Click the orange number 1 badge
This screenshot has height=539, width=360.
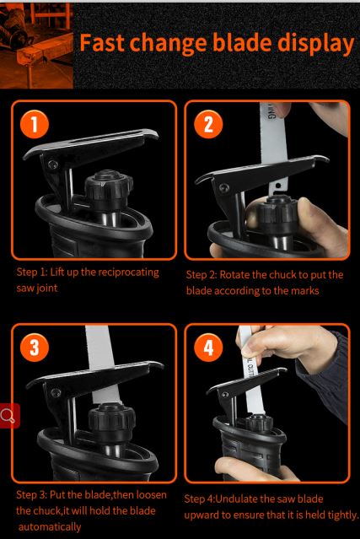[x=34, y=125]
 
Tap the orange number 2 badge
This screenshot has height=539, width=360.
[x=208, y=125]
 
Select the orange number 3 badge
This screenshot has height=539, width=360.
[x=34, y=348]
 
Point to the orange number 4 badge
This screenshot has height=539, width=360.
[x=208, y=348]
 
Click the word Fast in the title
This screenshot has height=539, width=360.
[x=102, y=42]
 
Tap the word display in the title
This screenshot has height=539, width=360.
[x=315, y=44]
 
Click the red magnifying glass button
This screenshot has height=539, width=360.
[x=8, y=416]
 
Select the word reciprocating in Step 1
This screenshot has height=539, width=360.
[x=128, y=272]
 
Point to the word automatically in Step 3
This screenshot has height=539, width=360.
[x=50, y=526]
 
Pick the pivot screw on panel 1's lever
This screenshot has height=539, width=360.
[x=52, y=164]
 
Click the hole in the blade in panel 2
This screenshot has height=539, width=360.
[x=278, y=186]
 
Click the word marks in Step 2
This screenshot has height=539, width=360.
[x=305, y=291]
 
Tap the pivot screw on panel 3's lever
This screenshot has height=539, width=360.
[x=56, y=392]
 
